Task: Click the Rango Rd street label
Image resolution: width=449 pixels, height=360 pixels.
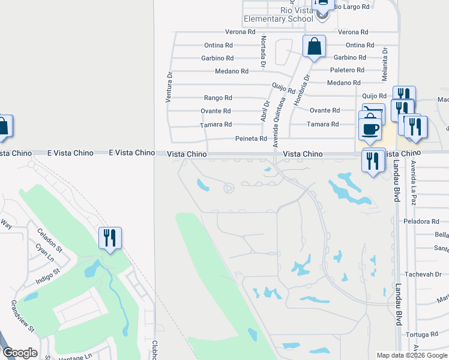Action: click(x=218, y=98)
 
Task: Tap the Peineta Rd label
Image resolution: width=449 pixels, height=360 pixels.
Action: click(x=250, y=139)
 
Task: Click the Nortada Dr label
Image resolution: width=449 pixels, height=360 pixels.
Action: click(x=263, y=50)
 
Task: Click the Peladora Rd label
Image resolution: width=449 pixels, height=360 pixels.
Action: click(x=422, y=221)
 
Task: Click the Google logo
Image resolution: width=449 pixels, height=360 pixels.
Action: click(x=20, y=353)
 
